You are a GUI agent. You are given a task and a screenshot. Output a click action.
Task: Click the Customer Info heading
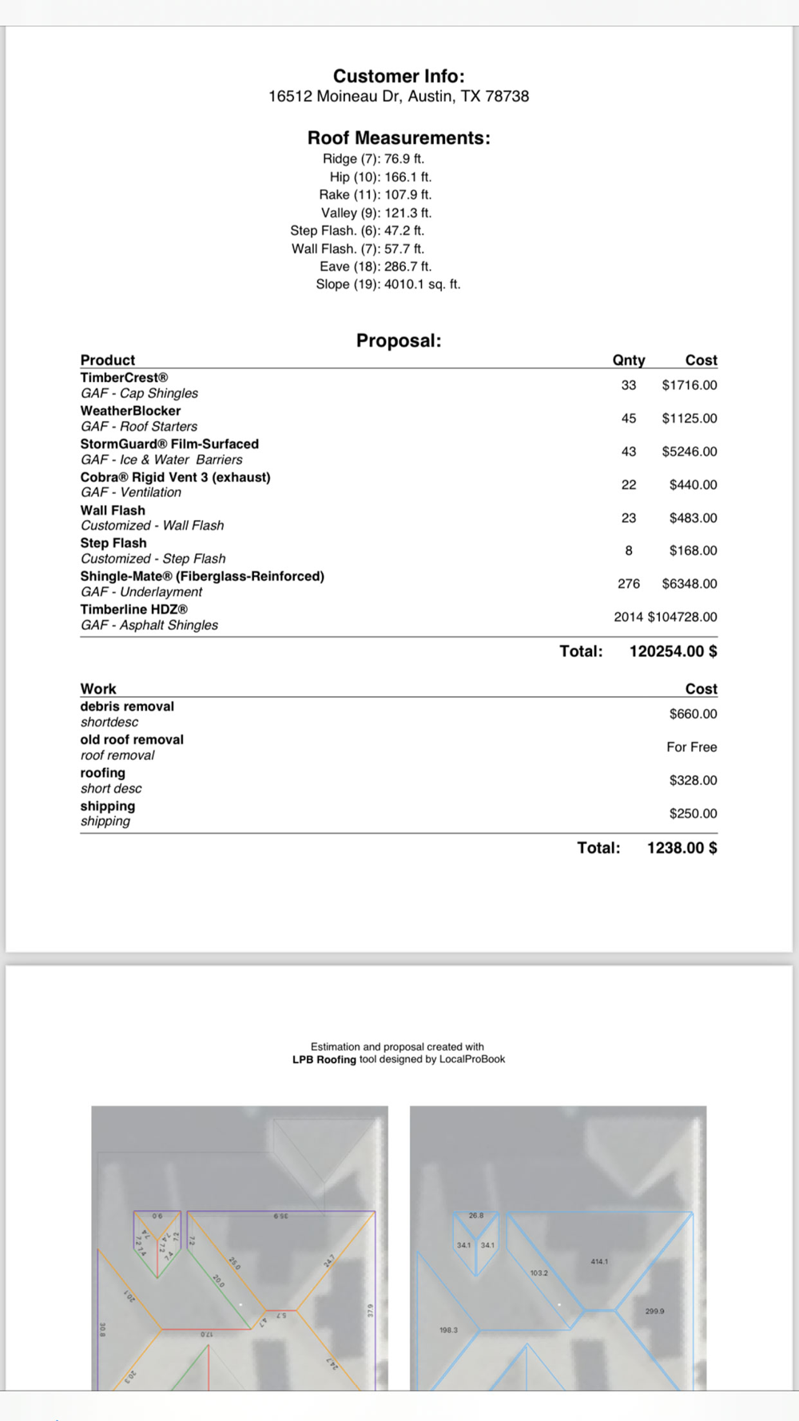pyautogui.click(x=399, y=76)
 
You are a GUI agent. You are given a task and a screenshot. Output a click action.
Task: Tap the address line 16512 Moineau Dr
pyautogui.click(x=399, y=96)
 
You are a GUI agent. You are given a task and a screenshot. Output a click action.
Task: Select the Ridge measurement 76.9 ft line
pyautogui.click(x=373, y=159)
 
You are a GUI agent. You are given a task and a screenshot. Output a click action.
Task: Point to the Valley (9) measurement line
pyautogui.click(x=376, y=213)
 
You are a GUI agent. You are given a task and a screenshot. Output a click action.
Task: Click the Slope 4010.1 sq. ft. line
pyautogui.click(x=388, y=285)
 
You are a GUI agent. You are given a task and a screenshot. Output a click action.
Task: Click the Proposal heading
pyautogui.click(x=399, y=340)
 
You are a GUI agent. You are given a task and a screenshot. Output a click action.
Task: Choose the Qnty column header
pyautogui.click(x=629, y=360)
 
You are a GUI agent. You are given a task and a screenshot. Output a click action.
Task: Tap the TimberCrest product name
pyautogui.click(x=124, y=378)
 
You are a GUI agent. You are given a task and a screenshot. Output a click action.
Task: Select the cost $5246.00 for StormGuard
pyautogui.click(x=690, y=452)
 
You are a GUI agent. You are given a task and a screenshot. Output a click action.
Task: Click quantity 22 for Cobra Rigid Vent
pyautogui.click(x=629, y=485)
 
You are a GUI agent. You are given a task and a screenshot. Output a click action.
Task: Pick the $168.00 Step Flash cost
pyautogui.click(x=694, y=551)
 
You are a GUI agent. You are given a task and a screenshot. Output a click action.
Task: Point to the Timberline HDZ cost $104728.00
pyautogui.click(x=682, y=617)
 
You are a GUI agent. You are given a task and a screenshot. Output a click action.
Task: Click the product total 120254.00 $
pyautogui.click(x=673, y=651)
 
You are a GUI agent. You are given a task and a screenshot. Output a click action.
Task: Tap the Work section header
pyautogui.click(x=98, y=689)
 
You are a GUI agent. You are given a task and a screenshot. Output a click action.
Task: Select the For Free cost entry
pyautogui.click(x=692, y=747)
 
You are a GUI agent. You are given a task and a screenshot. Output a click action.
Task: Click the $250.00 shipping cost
pyautogui.click(x=694, y=814)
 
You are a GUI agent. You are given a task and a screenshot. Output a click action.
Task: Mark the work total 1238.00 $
pyautogui.click(x=682, y=848)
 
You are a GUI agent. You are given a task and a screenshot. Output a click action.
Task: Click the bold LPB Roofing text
pyautogui.click(x=324, y=1060)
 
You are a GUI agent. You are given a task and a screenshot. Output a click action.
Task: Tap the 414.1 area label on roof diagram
pyautogui.click(x=599, y=1261)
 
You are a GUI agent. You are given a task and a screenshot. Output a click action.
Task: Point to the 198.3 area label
pyautogui.click(x=449, y=1330)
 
